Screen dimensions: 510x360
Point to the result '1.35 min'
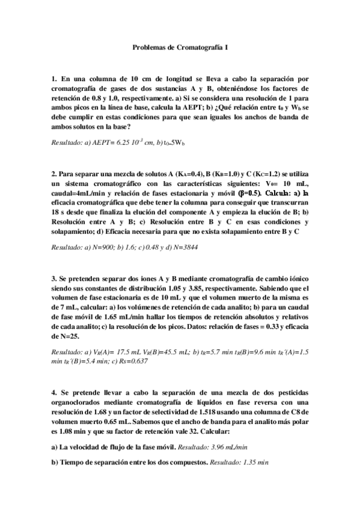coord(255,463)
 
